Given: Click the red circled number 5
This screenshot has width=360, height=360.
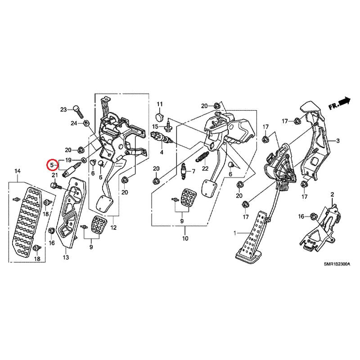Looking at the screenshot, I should coord(52,164).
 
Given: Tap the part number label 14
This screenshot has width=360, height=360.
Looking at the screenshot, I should coord(18,171).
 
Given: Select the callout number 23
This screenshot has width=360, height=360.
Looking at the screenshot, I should coord(63,109).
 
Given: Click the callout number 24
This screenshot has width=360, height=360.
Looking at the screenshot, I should coord(73,123).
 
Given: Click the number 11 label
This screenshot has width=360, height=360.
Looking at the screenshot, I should coord(159,104).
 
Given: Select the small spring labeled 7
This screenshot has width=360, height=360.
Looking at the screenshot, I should coord(184,171).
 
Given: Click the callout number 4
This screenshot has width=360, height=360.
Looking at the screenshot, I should coord(161,152).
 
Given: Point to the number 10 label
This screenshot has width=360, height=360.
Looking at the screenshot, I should coord(185,238).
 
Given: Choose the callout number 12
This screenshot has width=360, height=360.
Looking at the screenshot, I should coord(113,228).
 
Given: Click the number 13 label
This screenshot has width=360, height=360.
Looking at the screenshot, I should coord(66,257).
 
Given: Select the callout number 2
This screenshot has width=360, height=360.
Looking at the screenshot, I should coord(333,194).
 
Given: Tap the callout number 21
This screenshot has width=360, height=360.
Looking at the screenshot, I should coord(54,175).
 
